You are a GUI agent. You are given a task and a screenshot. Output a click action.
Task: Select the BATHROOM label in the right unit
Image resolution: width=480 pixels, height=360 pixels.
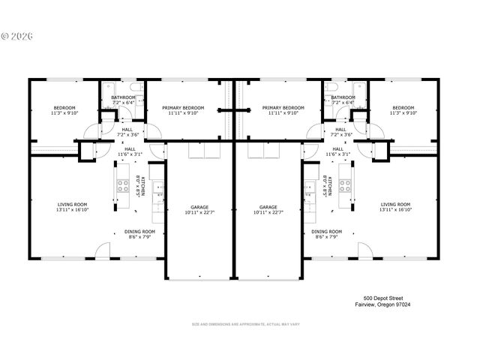tap(343, 97)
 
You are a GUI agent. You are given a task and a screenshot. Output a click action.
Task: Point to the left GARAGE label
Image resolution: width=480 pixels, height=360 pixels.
tap(200, 207)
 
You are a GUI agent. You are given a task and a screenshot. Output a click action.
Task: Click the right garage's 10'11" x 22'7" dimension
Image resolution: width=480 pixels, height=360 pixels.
tap(268, 213)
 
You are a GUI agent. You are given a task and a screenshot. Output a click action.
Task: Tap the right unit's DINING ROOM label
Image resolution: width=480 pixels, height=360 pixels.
tap(326, 231)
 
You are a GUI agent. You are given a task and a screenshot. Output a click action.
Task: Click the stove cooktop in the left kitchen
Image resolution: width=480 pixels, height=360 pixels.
tap(122, 185)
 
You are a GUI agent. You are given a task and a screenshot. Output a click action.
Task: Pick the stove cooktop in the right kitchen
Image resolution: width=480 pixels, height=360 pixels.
tap(345, 185)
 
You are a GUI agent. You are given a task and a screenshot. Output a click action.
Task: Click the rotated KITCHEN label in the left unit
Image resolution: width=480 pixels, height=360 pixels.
tap(142, 184)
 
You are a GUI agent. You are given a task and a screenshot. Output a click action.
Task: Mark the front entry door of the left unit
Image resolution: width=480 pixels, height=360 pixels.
tap(103, 252)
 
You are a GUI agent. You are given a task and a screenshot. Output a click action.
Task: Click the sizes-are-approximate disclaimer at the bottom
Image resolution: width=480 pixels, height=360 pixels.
tap(246, 324)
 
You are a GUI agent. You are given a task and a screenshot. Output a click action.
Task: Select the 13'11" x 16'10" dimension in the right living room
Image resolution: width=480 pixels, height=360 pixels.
tap(396, 210)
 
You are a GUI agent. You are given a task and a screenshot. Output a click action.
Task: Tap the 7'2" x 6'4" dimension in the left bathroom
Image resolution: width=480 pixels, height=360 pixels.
tap(124, 103)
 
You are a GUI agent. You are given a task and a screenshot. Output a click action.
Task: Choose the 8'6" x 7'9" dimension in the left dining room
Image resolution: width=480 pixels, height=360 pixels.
tap(139, 237)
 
